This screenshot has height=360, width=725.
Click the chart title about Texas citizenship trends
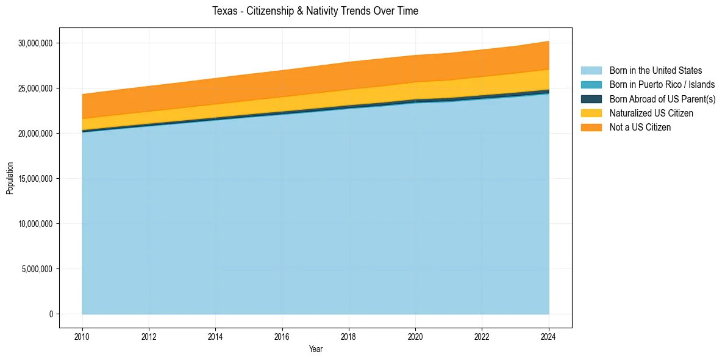point(315,11)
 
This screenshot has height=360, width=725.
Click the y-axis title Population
point(10,178)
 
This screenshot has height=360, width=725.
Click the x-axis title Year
point(315,350)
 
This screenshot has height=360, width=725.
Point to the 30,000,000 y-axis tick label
point(36,43)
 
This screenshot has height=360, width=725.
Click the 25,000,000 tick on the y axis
point(36,88)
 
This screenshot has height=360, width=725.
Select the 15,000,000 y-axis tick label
point(36,179)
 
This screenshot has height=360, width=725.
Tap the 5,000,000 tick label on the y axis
point(38,269)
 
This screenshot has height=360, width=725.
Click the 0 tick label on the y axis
point(51,314)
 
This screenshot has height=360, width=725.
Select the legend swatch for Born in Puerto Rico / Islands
point(591,85)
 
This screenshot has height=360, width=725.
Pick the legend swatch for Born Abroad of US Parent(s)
point(591,99)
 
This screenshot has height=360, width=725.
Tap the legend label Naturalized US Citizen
point(651,113)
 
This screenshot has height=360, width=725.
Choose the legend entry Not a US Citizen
point(640,128)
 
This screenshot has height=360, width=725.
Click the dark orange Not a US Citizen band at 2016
point(282,84)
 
